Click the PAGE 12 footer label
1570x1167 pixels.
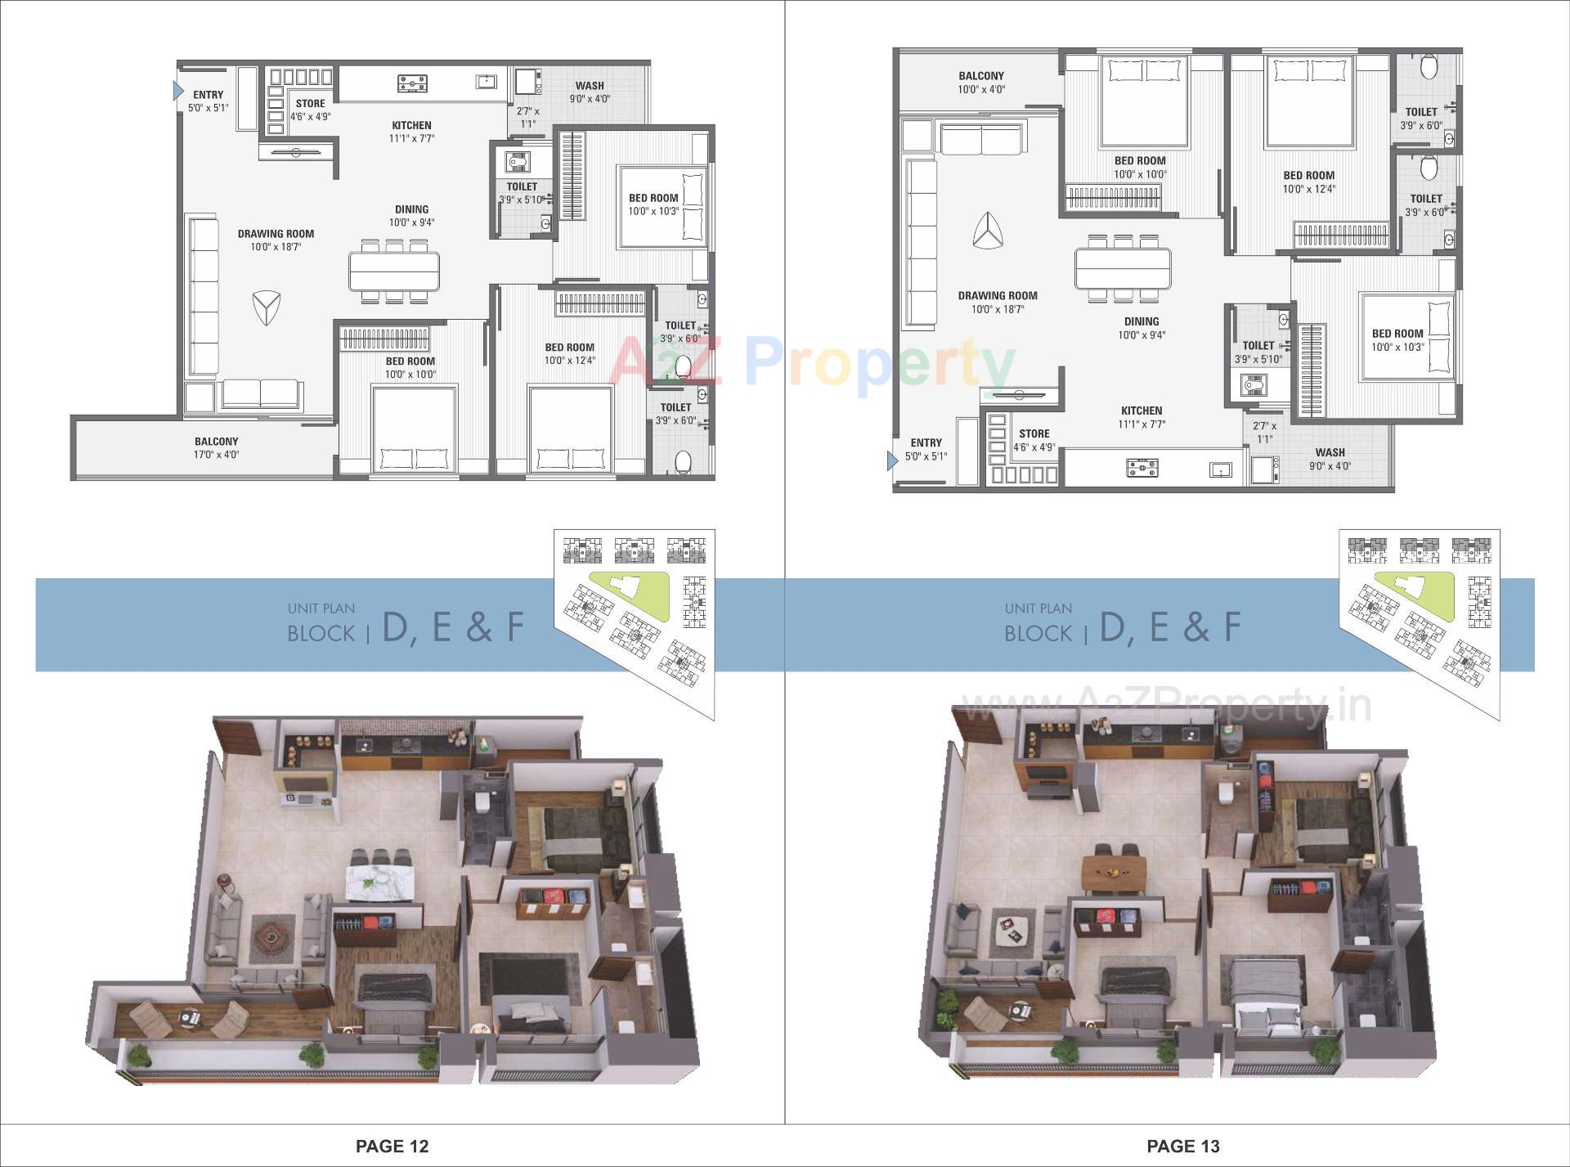click(392, 1147)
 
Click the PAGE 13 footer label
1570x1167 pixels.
click(1182, 1147)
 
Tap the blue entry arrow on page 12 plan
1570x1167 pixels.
click(178, 90)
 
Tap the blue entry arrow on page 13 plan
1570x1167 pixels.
click(892, 461)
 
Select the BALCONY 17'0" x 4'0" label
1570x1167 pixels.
click(216, 447)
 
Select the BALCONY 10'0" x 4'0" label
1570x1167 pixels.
click(980, 82)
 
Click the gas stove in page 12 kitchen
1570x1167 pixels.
click(412, 83)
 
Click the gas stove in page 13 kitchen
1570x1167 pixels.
click(1142, 469)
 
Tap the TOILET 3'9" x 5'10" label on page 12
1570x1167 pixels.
click(522, 193)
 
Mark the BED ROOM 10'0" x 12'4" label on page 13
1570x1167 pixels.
click(1308, 182)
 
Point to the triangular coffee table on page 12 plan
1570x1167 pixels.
click(266, 307)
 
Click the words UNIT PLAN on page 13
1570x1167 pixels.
click(1038, 608)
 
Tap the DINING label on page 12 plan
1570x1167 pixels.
click(411, 215)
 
